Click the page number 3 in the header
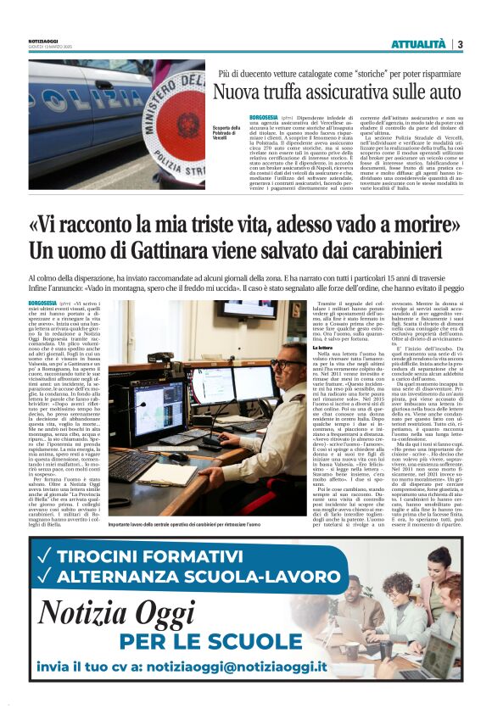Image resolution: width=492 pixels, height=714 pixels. pyautogui.click(x=460, y=44)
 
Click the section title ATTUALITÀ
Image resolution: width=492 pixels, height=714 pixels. pyautogui.click(x=418, y=44)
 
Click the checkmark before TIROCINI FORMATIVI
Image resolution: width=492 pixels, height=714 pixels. pyautogui.click(x=44, y=552)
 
